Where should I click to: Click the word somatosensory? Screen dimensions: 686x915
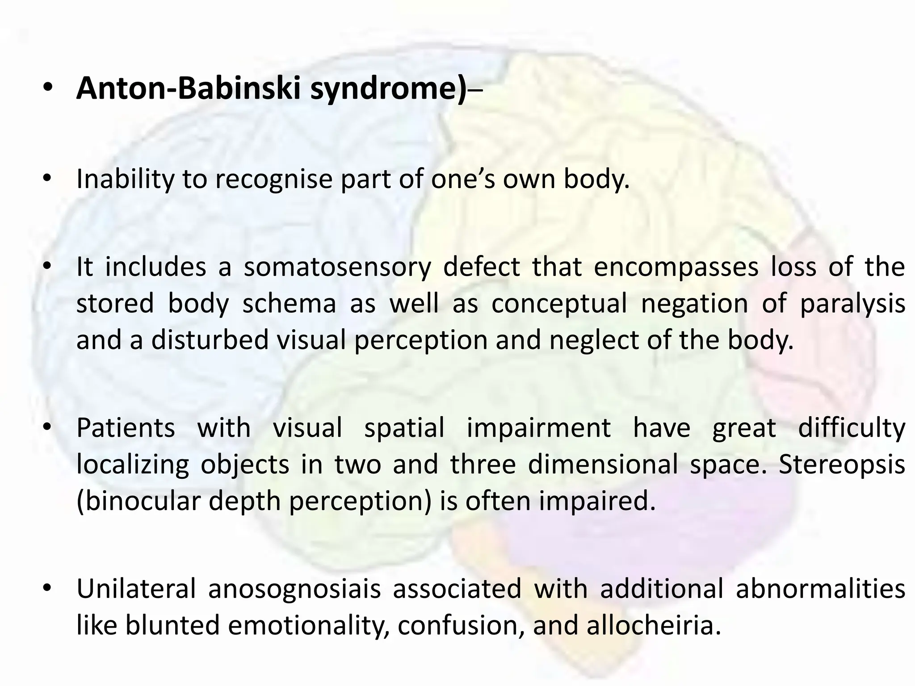337,267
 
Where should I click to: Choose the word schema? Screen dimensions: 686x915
289,304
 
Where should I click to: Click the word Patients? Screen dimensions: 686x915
126,427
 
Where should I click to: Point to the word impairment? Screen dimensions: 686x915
538,428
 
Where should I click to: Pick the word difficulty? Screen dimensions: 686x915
852,428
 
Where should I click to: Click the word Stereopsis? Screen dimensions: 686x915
842,464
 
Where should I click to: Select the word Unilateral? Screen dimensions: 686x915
136,588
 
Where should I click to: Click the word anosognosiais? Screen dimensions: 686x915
294,589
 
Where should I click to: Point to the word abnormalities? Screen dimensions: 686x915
820,589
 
